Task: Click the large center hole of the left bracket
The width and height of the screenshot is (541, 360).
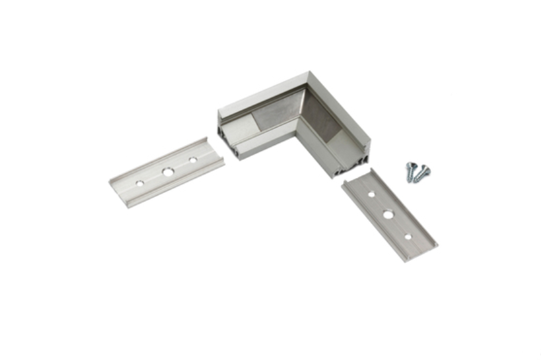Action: [168, 173]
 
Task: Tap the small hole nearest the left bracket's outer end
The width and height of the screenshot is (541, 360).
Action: [139, 184]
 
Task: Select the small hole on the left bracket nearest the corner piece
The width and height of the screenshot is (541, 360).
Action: [192, 160]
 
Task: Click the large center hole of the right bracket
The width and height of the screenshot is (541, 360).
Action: [388, 214]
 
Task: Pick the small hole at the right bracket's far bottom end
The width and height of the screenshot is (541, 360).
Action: [408, 238]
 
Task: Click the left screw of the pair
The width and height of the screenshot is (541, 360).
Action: [411, 172]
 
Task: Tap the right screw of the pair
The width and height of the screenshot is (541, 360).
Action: [422, 173]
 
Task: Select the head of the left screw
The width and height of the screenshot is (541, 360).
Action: [410, 166]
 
